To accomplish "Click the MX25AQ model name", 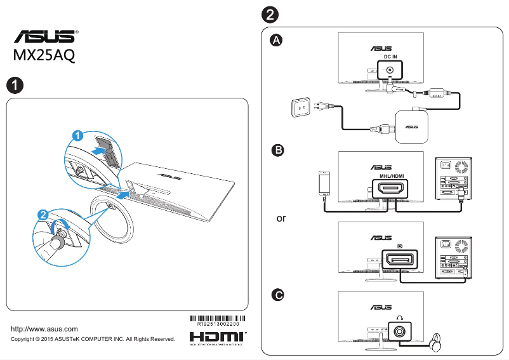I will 44,55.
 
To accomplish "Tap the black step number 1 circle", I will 15,84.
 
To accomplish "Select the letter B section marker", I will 277,150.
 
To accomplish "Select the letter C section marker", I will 277,295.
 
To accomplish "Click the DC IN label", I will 390,57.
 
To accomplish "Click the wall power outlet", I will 301,109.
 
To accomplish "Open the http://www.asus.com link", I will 45,329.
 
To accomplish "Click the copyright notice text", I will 93,339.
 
